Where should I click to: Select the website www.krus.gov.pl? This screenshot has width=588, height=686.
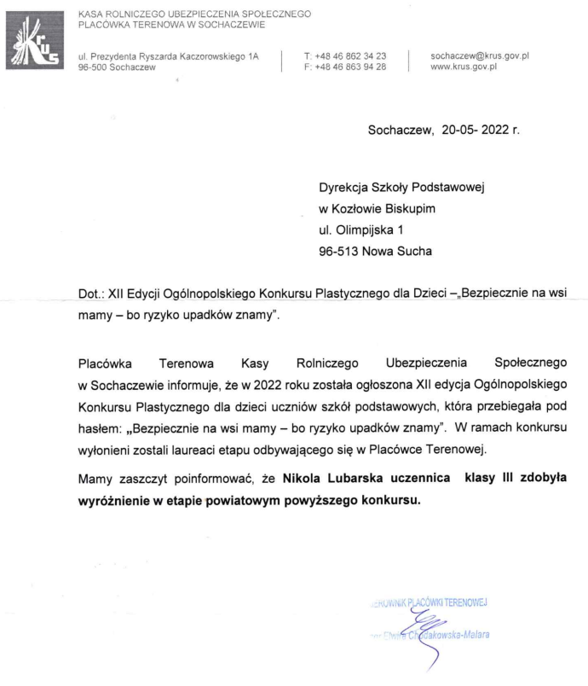[464, 66]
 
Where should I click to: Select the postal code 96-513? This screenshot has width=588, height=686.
[338, 251]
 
